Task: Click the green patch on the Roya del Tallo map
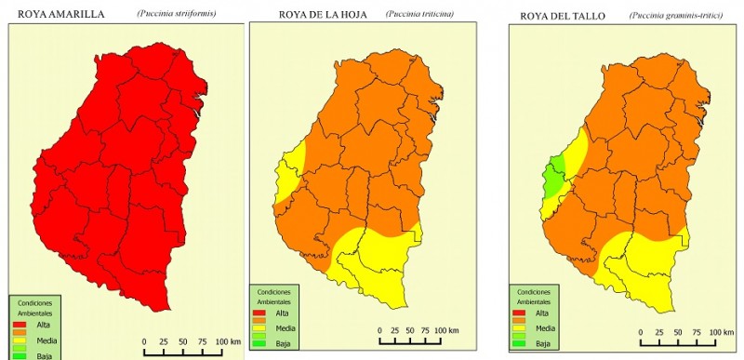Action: (x=555, y=177)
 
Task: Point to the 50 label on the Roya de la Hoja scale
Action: (x=410, y=330)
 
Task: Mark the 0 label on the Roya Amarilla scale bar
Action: (x=144, y=342)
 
